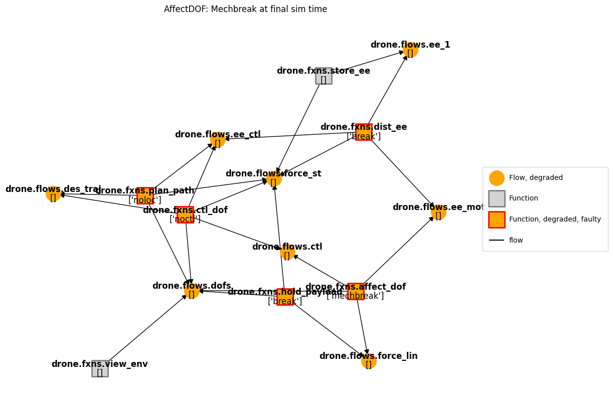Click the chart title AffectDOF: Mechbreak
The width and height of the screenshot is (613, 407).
[x=245, y=9]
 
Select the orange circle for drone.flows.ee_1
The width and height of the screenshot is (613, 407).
[x=410, y=50]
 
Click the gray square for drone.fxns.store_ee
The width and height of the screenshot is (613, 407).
[x=324, y=76]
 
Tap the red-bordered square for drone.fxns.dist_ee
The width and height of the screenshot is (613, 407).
[x=364, y=132]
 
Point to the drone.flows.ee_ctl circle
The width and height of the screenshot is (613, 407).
[x=218, y=140]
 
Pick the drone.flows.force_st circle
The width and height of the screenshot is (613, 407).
[x=274, y=179]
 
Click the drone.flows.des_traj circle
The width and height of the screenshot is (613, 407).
[x=53, y=193]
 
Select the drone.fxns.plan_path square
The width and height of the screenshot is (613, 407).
[x=145, y=195]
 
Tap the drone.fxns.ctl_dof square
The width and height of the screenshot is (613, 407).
[x=185, y=215]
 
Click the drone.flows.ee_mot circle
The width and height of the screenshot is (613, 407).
[x=438, y=213]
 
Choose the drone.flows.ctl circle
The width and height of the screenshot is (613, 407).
[x=287, y=252]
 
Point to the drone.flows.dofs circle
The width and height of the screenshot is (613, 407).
[x=192, y=291]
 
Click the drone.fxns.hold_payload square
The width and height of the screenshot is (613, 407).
[x=285, y=297]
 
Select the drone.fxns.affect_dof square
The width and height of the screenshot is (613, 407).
[x=356, y=291]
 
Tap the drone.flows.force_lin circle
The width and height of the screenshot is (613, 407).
[x=369, y=361]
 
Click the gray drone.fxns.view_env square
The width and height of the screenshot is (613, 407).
[x=100, y=368]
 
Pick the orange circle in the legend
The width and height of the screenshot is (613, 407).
[x=497, y=178]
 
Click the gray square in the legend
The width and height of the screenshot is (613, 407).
[x=497, y=198]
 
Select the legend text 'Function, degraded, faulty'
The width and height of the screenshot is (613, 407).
[x=555, y=220]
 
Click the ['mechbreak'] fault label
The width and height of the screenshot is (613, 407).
[x=355, y=296]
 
